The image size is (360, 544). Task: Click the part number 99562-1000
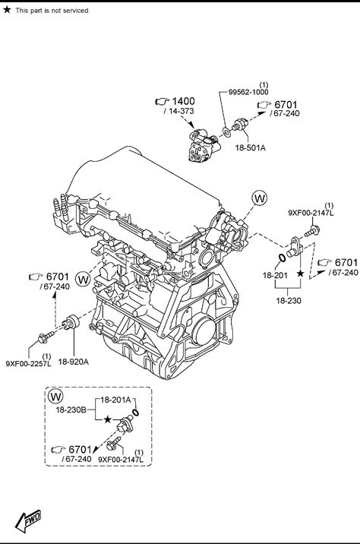(248, 92)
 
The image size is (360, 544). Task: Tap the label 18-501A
(251, 148)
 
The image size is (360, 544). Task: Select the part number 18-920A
(74, 362)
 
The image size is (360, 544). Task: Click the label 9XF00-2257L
(28, 364)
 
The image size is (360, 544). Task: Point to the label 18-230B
(71, 410)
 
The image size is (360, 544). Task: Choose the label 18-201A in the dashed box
(115, 400)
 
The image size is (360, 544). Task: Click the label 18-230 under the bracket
(289, 301)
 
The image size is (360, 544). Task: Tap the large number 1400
(184, 101)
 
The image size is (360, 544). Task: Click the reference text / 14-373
(179, 111)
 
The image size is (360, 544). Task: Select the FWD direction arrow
(28, 520)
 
